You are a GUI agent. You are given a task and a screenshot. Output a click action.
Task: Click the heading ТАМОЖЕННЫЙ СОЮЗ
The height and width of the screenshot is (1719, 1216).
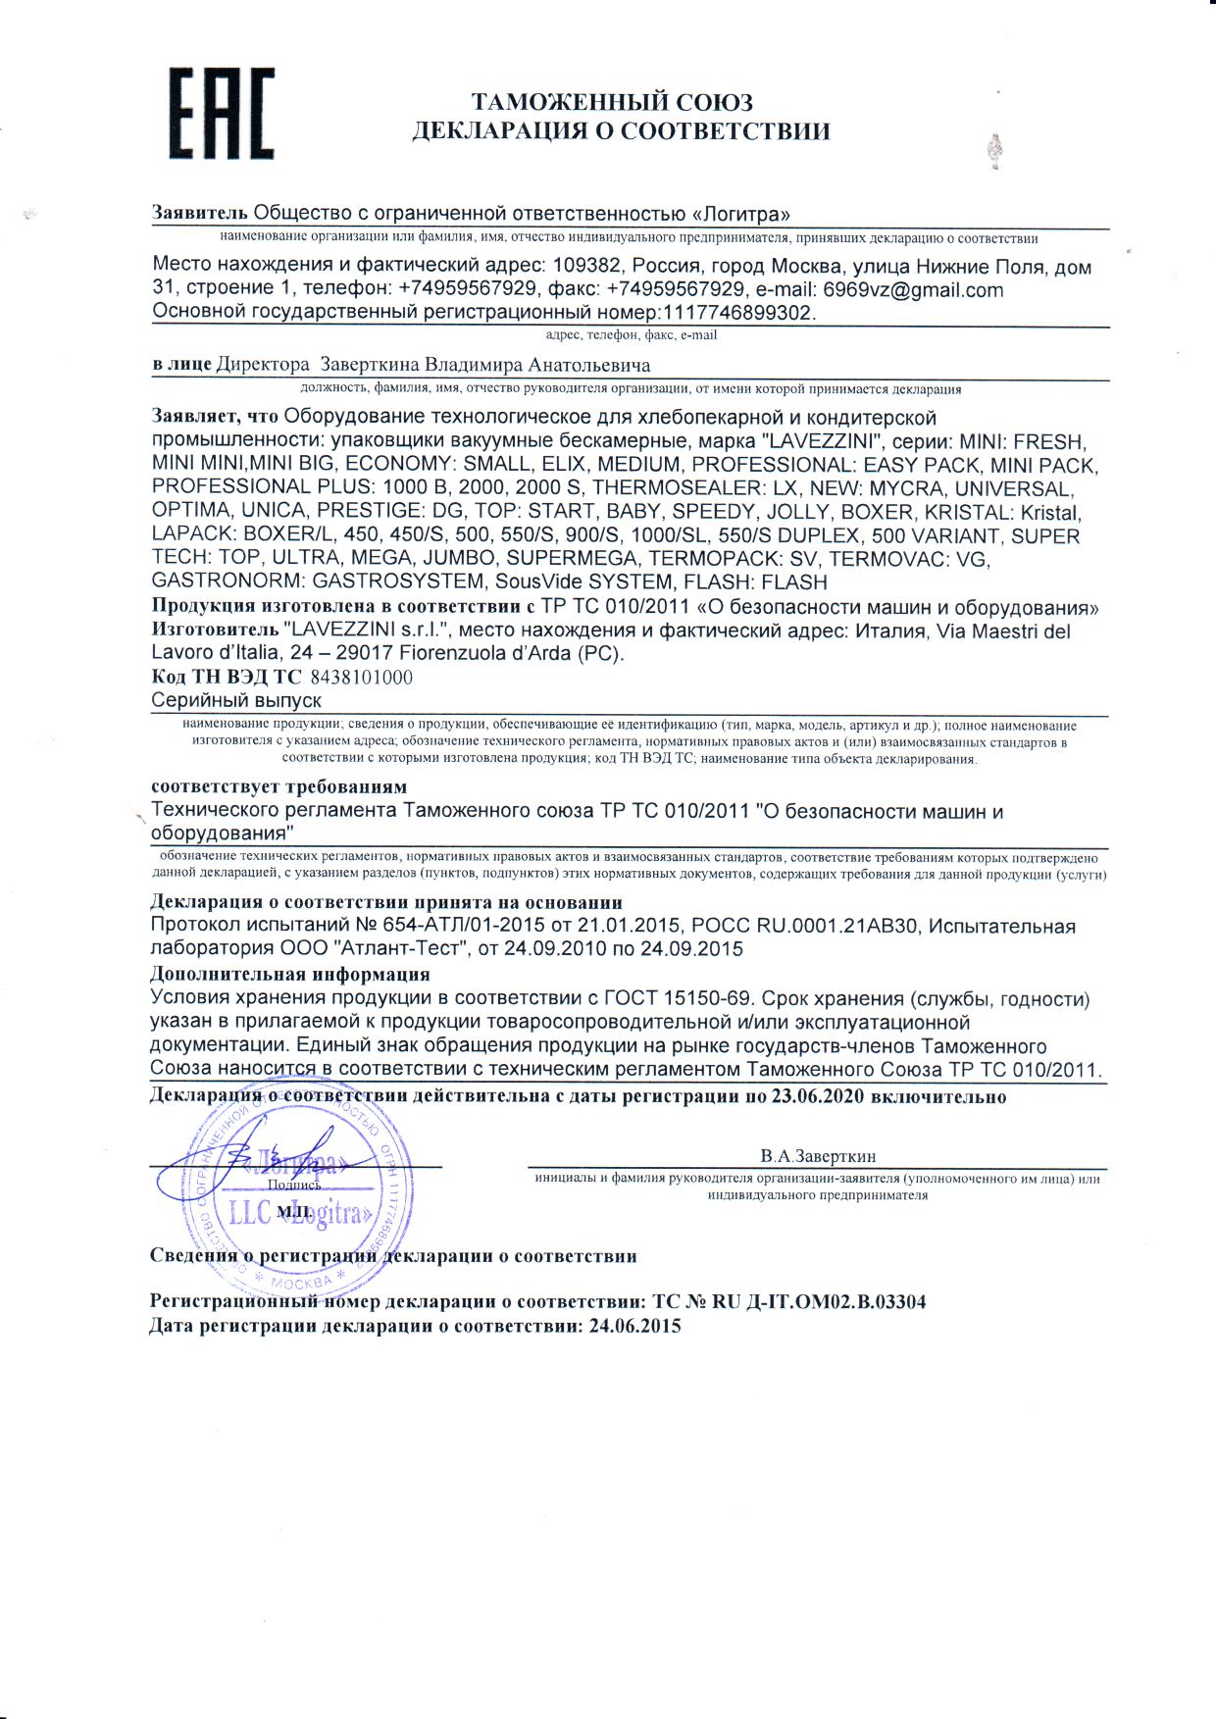tap(612, 102)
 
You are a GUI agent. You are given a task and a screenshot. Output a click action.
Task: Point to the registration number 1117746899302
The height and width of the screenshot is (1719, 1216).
tap(738, 313)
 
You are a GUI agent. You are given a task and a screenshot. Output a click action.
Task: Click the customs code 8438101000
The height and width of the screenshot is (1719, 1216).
tap(361, 678)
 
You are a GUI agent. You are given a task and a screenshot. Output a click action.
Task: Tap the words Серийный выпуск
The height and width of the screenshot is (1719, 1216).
tap(236, 700)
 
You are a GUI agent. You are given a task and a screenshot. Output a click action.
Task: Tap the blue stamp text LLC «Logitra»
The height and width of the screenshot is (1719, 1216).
tap(300, 1214)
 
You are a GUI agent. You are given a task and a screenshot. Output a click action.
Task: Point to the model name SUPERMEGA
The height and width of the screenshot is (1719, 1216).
tap(573, 559)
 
